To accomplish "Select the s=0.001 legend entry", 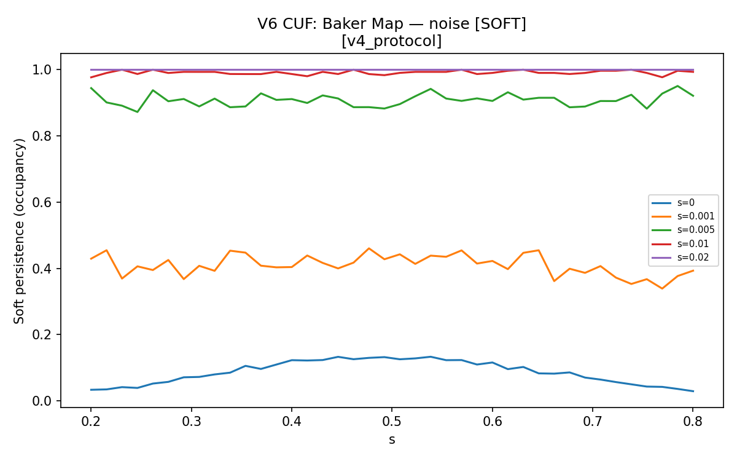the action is [x=683, y=216].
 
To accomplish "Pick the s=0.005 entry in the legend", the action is [x=683, y=230].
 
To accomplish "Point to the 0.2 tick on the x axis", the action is [x=91, y=422].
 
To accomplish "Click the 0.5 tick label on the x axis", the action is [x=392, y=422].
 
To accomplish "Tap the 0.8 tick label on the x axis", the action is [x=693, y=422].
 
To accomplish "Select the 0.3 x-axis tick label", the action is [x=191, y=422].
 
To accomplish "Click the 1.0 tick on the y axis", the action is [x=42, y=70].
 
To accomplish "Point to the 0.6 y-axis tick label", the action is [x=42, y=202].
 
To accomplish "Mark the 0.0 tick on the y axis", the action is [x=42, y=401].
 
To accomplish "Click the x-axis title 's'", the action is [x=392, y=440].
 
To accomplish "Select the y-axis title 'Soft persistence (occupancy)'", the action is [x=19, y=231].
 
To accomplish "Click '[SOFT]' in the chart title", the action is [x=500, y=24].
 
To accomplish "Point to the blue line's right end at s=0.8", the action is [x=693, y=391].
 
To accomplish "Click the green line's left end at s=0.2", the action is [x=91, y=88].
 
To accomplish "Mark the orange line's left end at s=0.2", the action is [x=91, y=259].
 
